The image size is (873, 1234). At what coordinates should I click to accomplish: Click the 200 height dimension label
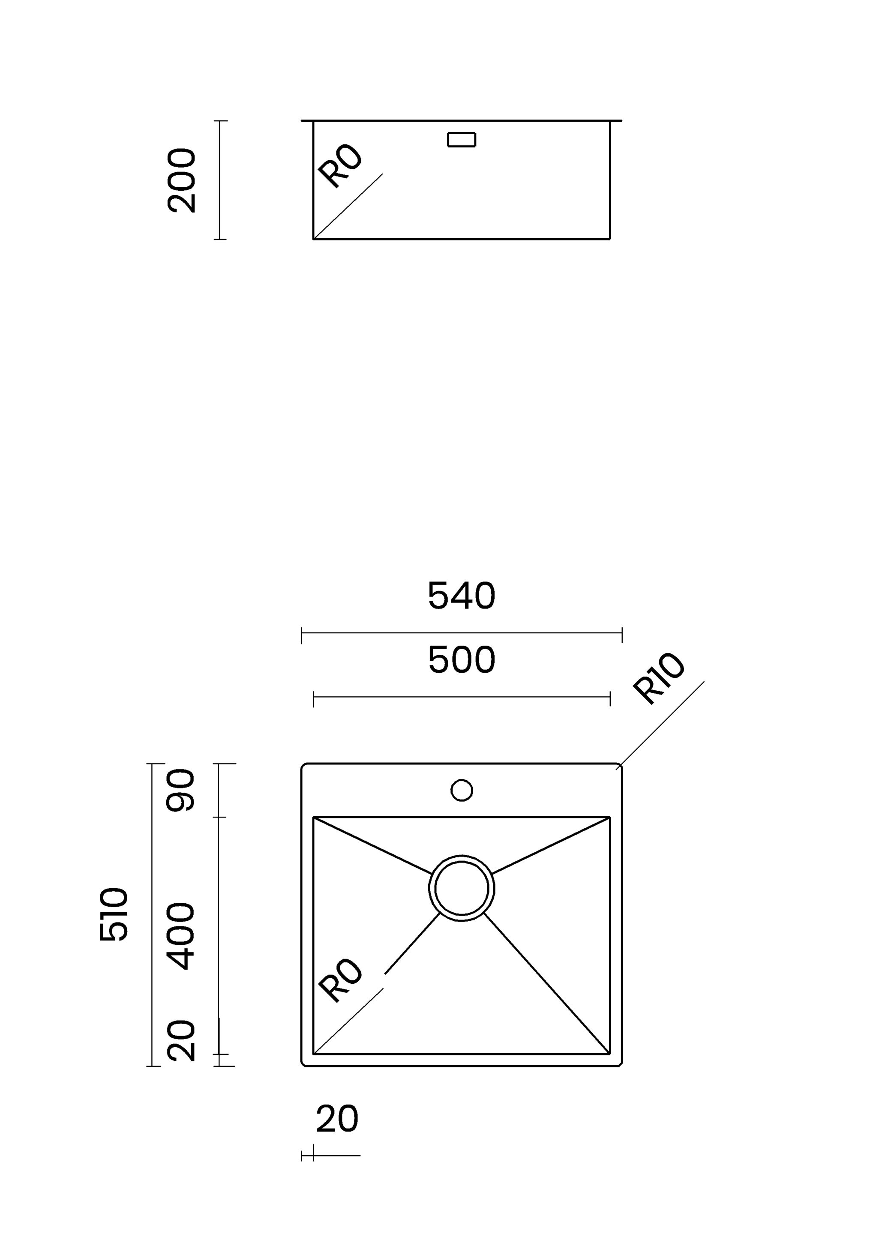pyautogui.click(x=182, y=180)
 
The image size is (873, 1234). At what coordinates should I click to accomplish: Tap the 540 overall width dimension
pyautogui.click(x=461, y=596)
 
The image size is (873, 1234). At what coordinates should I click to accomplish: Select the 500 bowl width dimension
pyautogui.click(x=461, y=659)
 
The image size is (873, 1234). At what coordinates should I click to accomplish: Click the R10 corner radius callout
pyautogui.click(x=659, y=678)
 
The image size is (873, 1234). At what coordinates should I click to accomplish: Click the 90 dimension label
pyautogui.click(x=180, y=790)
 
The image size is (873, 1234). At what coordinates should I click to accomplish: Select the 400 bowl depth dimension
pyautogui.click(x=180, y=936)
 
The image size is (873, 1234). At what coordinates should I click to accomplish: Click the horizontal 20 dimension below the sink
pyautogui.click(x=337, y=1119)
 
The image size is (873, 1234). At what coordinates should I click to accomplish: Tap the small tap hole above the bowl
pyautogui.click(x=461, y=790)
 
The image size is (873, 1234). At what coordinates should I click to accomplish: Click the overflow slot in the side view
pyautogui.click(x=461, y=140)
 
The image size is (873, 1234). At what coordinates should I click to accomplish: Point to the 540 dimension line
pyautogui.click(x=461, y=633)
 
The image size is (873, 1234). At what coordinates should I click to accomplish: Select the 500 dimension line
pyautogui.click(x=461, y=697)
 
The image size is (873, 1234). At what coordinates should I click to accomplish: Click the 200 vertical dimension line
pyautogui.click(x=220, y=180)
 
